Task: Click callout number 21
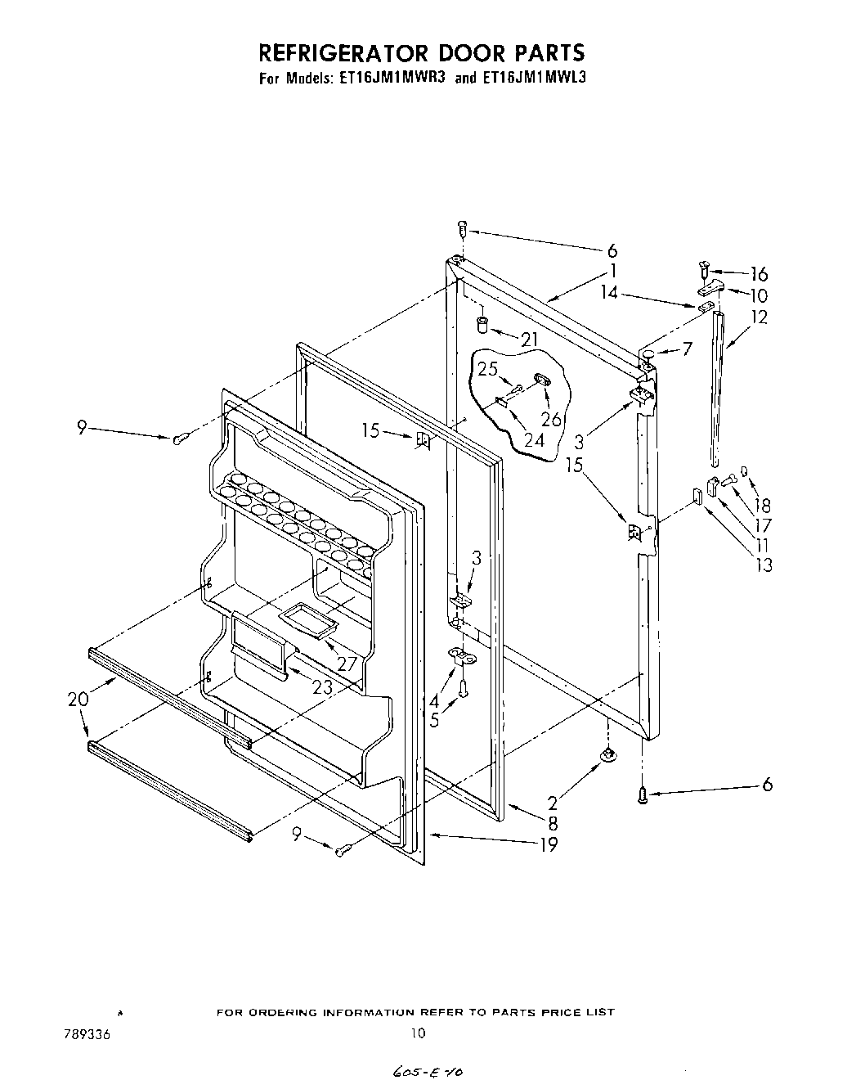tap(530, 340)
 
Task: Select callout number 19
tap(549, 844)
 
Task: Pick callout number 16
tap(759, 273)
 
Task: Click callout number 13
tap(764, 565)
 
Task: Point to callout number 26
tap(552, 419)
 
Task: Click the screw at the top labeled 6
tap(462, 228)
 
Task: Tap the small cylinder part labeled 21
tap(482, 325)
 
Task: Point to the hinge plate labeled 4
tap(464, 655)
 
